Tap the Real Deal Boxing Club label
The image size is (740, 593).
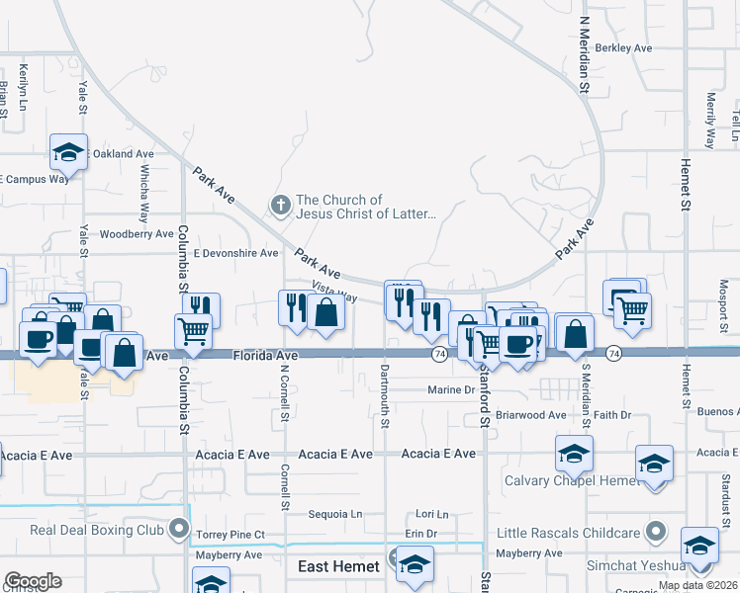[96, 530]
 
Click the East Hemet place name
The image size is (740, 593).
[339, 566]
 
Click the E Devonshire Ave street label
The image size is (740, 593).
[235, 253]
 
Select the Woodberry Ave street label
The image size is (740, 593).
[138, 234]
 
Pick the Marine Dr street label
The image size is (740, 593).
[451, 390]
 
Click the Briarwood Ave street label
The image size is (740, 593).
[530, 415]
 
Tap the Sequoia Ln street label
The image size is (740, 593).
[335, 514]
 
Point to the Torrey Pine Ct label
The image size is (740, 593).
[231, 535]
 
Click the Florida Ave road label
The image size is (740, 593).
[265, 355]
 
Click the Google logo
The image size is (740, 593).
[33, 581]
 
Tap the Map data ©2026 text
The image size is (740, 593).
[697, 585]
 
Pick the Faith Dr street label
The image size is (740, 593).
[612, 415]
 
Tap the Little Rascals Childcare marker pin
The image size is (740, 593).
[654, 531]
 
